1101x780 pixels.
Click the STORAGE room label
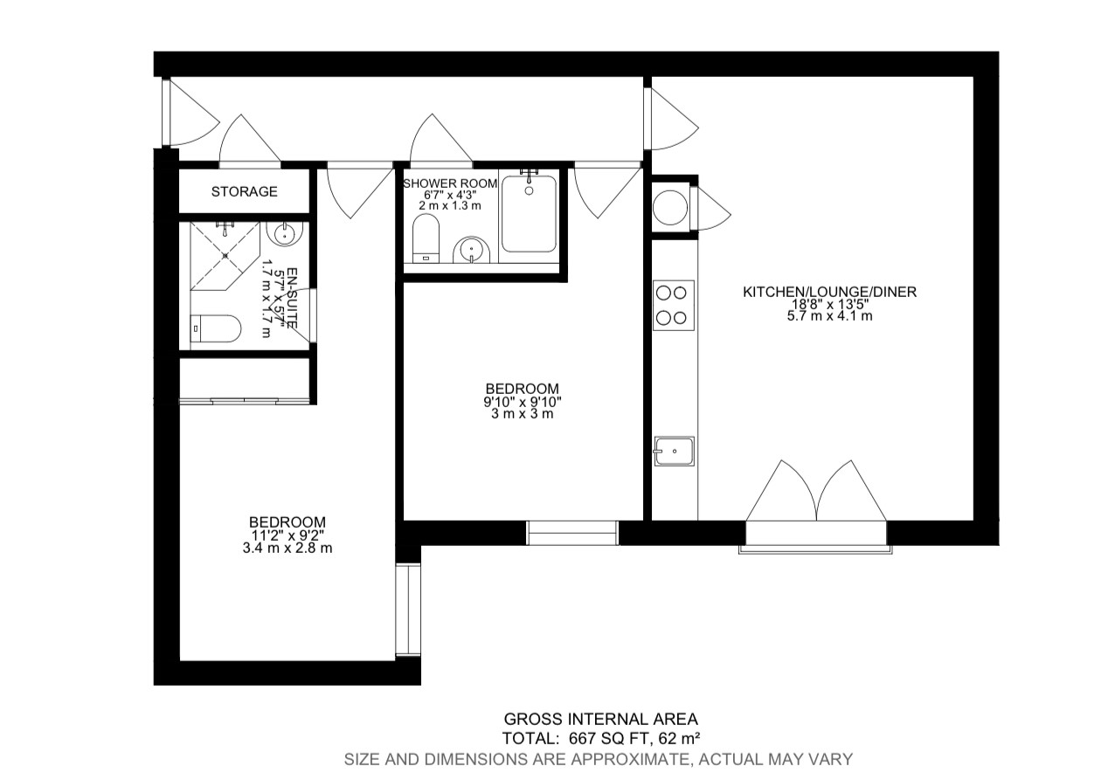pyautogui.click(x=245, y=191)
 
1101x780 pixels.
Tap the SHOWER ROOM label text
pyautogui.click(x=450, y=183)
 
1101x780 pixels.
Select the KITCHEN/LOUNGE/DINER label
pyautogui.click(x=829, y=292)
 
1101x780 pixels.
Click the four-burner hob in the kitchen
pyautogui.click(x=674, y=305)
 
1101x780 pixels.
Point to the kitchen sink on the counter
pyautogui.click(x=674, y=451)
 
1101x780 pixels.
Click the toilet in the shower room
pyautogui.click(x=426, y=238)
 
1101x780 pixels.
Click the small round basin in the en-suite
pyautogui.click(x=285, y=233)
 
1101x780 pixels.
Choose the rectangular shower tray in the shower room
pyautogui.click(x=529, y=213)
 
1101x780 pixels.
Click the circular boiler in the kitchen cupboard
pyautogui.click(x=670, y=207)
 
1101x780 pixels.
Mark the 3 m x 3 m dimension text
pyautogui.click(x=522, y=414)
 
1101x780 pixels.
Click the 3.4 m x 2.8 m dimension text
pyautogui.click(x=287, y=549)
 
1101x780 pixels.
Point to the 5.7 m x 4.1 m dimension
pyautogui.click(x=829, y=316)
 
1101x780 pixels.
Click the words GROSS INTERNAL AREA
pyautogui.click(x=599, y=719)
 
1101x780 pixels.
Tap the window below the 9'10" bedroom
pyautogui.click(x=572, y=531)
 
